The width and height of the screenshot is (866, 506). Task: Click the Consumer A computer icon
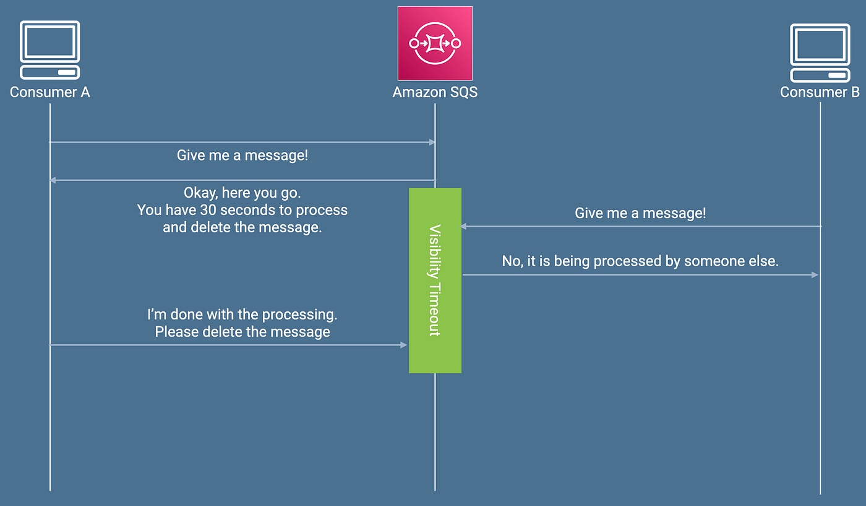point(50,50)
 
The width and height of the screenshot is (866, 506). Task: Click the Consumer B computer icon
point(820,53)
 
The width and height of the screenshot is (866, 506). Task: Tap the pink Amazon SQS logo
point(435,43)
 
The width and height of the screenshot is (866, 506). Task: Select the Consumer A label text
point(50,92)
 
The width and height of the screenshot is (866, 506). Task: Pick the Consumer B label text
point(820,92)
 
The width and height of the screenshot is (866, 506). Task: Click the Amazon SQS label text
point(435,92)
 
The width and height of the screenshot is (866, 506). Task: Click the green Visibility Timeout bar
point(435,280)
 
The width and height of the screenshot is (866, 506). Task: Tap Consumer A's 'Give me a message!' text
point(242,155)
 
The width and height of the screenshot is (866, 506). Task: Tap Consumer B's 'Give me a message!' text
point(640,213)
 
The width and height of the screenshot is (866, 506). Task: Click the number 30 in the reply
point(208,210)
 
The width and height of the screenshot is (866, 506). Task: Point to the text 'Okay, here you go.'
point(242,193)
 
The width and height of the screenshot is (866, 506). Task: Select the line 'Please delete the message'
point(242,332)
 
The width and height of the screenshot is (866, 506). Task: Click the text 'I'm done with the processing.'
point(242,314)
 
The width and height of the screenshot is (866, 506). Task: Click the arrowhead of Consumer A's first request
point(432,142)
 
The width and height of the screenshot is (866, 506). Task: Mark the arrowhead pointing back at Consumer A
point(53,180)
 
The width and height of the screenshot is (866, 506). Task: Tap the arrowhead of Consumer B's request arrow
point(463,226)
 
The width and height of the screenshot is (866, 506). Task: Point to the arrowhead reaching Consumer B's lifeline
point(815,275)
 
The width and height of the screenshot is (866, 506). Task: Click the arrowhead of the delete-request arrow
point(403,345)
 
